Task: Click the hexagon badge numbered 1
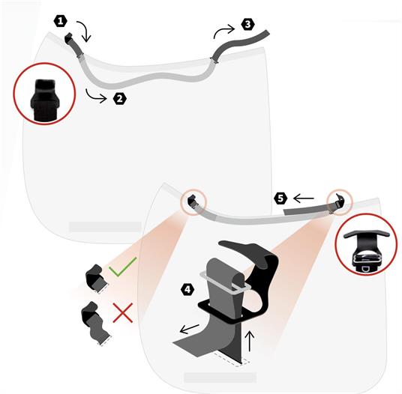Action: [61, 21]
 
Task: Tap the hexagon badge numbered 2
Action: [120, 99]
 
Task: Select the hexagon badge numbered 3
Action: [247, 24]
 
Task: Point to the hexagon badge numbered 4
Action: [187, 290]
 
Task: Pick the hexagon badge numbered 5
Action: [280, 198]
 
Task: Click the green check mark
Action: [122, 267]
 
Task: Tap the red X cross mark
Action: [123, 312]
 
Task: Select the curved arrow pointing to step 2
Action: [95, 97]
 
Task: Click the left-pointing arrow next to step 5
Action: [304, 198]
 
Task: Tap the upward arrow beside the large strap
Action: [250, 342]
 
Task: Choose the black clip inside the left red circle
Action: [45, 100]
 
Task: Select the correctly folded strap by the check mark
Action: [96, 279]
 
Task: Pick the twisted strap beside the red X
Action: [95, 324]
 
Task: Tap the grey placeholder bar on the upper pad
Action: [105, 227]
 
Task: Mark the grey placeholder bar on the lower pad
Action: [220, 378]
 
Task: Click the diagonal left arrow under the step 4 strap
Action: [190, 329]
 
